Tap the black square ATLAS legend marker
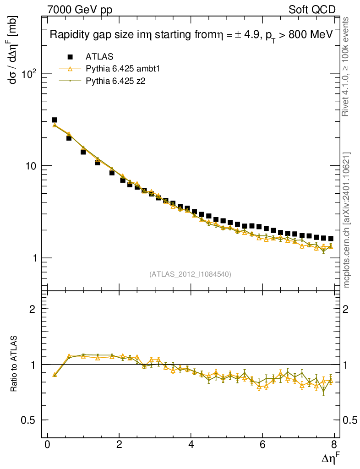point(70,57)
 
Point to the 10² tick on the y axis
point(33,73)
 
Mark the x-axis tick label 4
point(191,446)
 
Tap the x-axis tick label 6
point(262,446)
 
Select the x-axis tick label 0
point(48,446)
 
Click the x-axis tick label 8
point(334,446)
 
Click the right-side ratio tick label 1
point(350,365)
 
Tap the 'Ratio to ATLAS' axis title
point(14,364)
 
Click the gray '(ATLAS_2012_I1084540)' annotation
point(190,274)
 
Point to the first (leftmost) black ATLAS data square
point(55,120)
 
